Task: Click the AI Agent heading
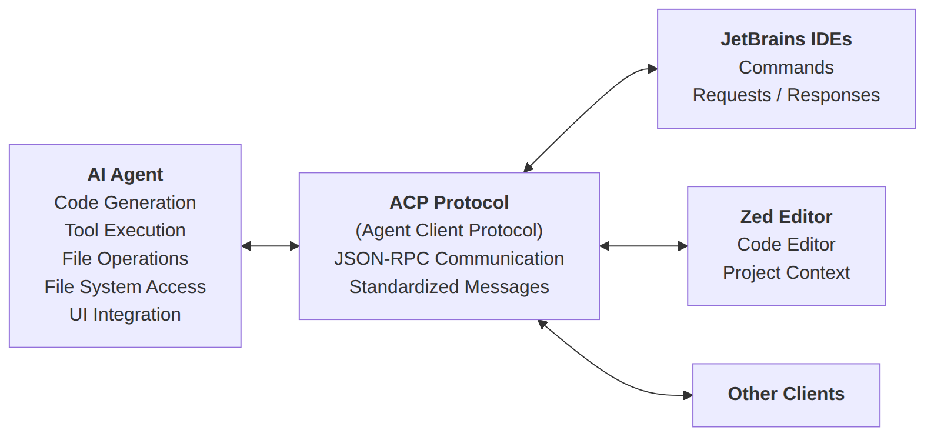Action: coord(125,174)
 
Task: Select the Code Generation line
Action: coord(125,203)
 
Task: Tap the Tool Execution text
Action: coord(125,230)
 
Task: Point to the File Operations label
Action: coord(125,259)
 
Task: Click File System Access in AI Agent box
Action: coord(125,286)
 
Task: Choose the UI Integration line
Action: coord(125,315)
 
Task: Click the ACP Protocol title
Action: coord(449,203)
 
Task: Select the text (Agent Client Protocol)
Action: coord(449,230)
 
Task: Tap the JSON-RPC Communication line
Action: coord(449,259)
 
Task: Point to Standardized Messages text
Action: coord(449,286)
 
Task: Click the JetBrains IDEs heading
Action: coord(786,39)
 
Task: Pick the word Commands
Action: coord(786,68)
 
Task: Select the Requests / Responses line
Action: coord(786,95)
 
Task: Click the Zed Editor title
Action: coord(786,217)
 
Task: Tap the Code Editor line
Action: coord(786,244)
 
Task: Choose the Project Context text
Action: coord(786,273)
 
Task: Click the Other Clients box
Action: coord(786,395)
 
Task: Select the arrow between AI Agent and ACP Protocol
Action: coord(270,246)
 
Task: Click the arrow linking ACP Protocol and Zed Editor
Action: coord(643,246)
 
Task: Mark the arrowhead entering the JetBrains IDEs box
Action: coord(653,69)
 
